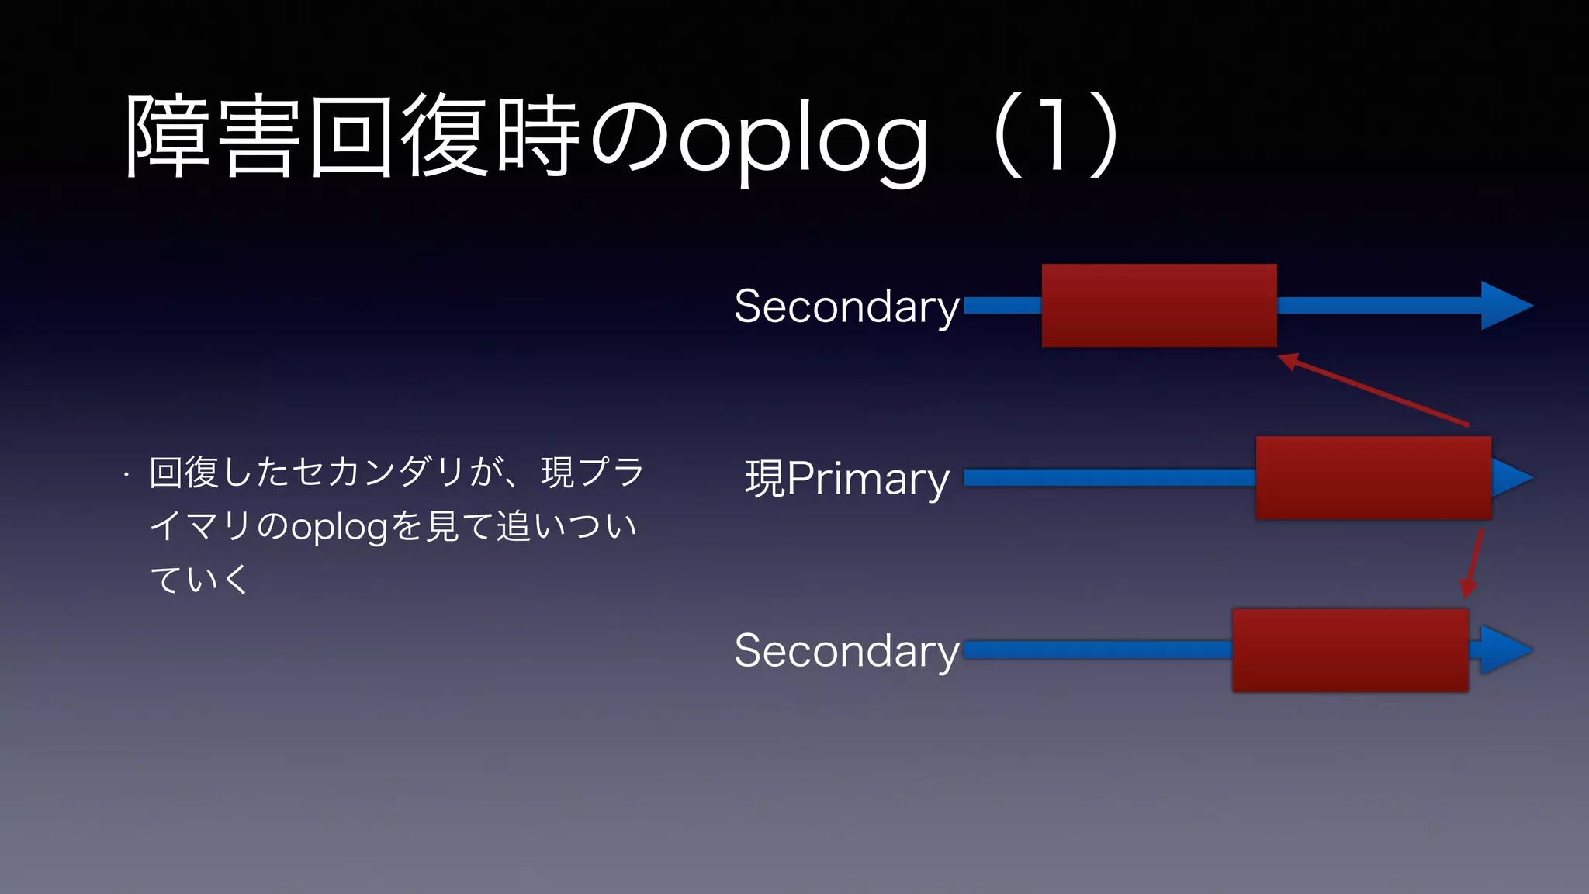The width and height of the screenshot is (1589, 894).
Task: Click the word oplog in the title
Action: tap(804, 140)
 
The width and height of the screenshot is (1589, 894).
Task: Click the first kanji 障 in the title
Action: tap(168, 136)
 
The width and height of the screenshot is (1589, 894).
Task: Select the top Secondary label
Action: tap(846, 306)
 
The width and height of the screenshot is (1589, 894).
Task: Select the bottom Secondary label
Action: tap(846, 650)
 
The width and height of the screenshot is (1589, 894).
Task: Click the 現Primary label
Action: tap(846, 478)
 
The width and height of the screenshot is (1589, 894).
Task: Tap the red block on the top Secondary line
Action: tap(1158, 305)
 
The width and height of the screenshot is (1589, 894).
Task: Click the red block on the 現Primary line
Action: tap(1373, 477)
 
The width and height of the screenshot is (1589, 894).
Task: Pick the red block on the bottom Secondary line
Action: tap(1350, 650)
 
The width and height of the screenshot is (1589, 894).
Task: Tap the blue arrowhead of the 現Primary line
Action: tap(1509, 477)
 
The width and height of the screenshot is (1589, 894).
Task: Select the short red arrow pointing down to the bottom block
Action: tap(1473, 563)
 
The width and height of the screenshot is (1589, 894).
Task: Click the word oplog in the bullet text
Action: tap(339, 527)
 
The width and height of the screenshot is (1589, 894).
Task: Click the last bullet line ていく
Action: tap(199, 580)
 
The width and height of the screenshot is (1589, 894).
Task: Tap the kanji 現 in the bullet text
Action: tap(557, 472)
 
